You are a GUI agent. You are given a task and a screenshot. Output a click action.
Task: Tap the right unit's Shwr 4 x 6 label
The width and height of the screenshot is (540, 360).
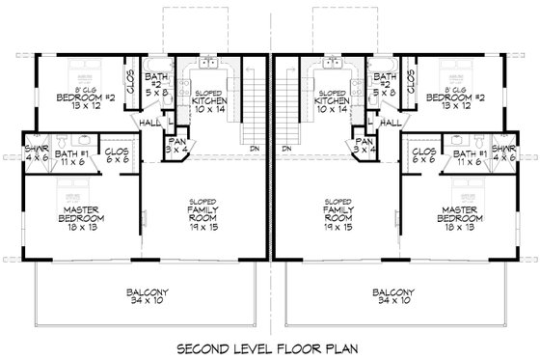503,152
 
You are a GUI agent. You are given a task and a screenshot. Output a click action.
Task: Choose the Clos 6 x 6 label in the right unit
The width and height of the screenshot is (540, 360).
422,156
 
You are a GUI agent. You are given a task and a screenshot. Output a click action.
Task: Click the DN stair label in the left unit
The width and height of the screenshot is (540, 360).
254,150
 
